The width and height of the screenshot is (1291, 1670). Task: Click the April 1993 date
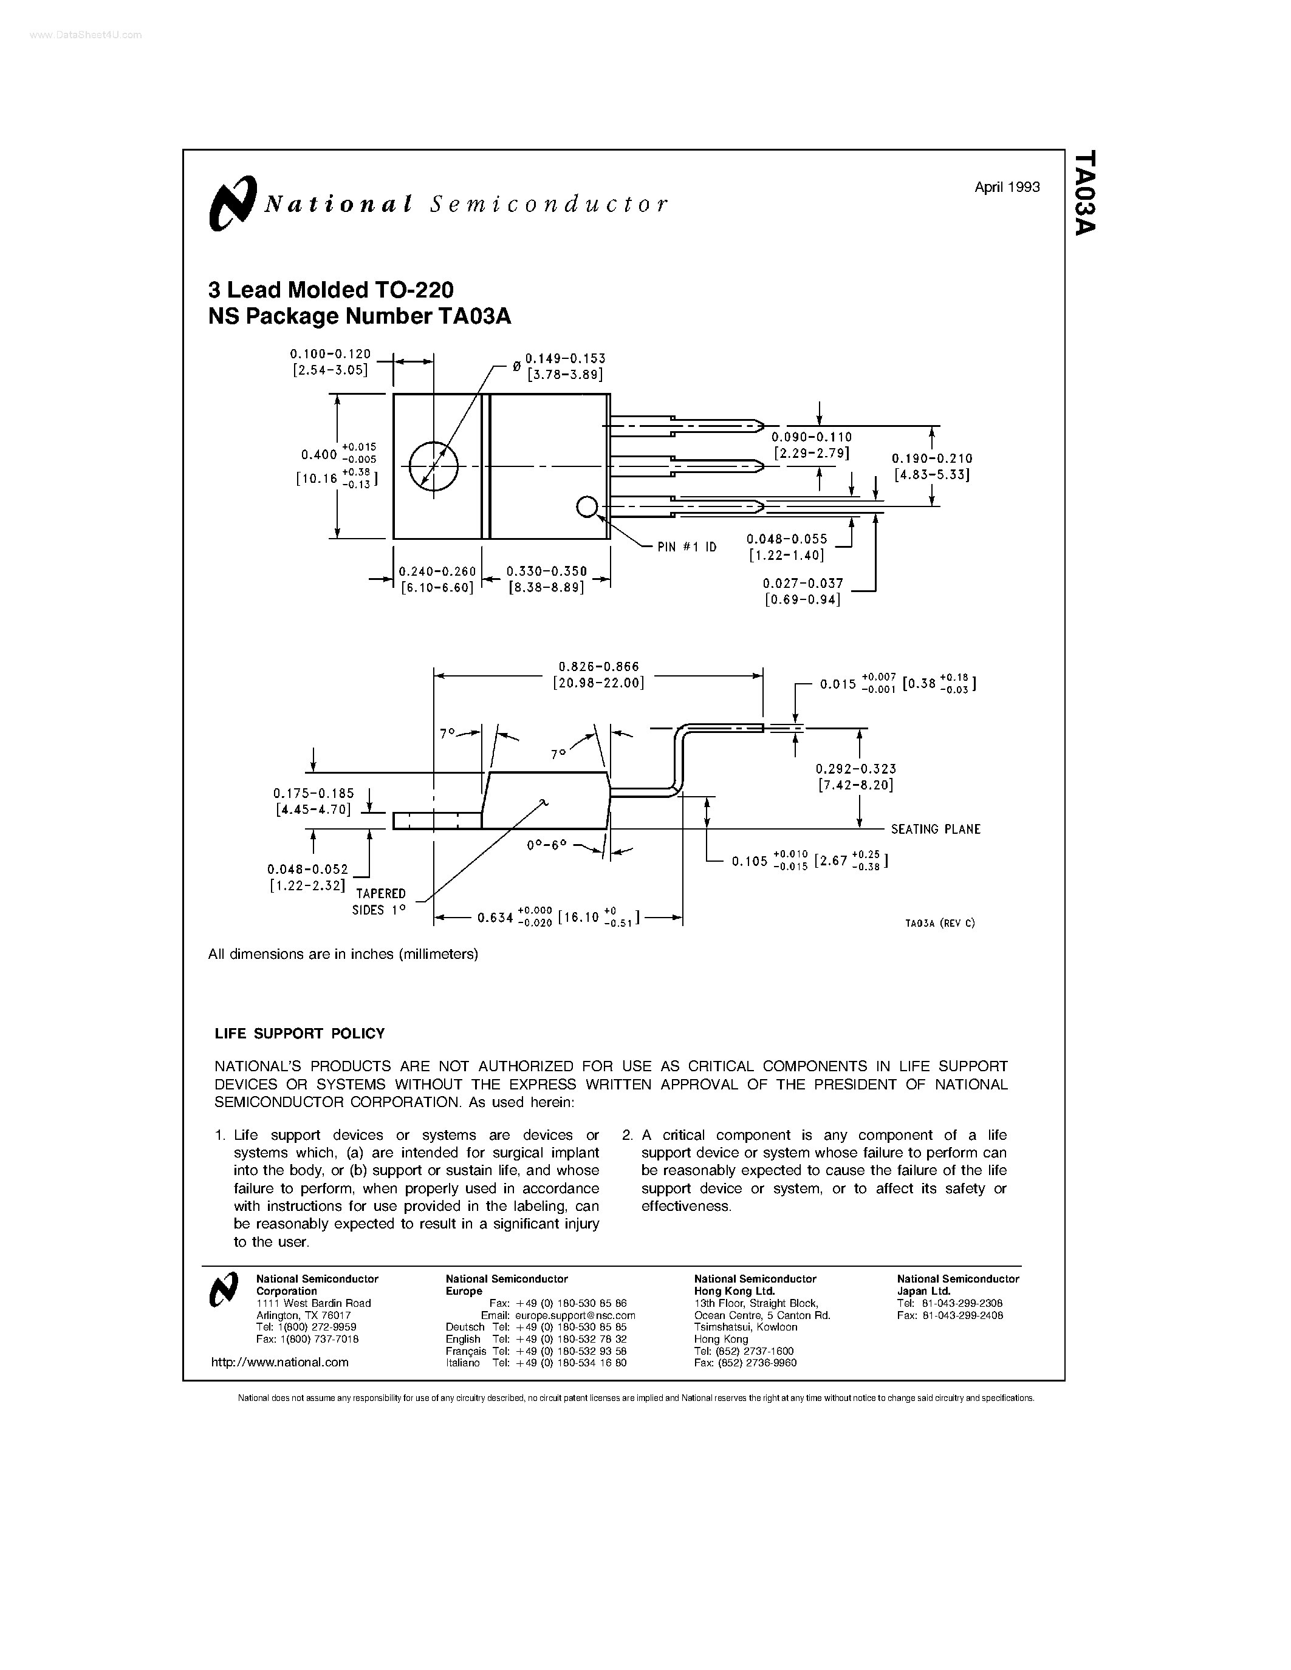tap(1007, 187)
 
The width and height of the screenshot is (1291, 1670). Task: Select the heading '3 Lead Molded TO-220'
tap(331, 290)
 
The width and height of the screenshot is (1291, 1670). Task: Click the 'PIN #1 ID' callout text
tap(687, 547)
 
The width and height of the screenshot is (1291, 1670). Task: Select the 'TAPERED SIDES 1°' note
tap(379, 902)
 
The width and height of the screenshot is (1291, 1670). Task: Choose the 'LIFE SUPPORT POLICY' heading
tap(300, 1034)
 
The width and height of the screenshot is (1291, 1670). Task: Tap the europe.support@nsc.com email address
tap(575, 1315)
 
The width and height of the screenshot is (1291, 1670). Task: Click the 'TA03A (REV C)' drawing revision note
tap(940, 923)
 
